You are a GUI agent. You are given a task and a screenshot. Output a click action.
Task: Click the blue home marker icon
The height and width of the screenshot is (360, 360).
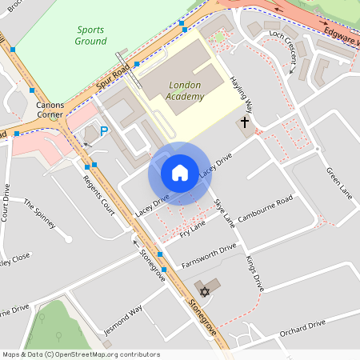pos(179,173)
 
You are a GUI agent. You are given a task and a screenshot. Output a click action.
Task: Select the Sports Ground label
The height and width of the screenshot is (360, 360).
pos(90,35)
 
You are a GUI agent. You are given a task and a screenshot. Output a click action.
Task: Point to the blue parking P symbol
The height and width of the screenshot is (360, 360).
pos(103,130)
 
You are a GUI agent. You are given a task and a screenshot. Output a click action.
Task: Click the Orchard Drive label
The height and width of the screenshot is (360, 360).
pos(306,326)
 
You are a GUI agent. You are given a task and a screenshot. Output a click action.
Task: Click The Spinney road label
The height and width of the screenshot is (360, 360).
pos(39,214)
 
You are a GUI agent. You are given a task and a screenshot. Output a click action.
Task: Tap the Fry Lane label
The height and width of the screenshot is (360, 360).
pos(192,229)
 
